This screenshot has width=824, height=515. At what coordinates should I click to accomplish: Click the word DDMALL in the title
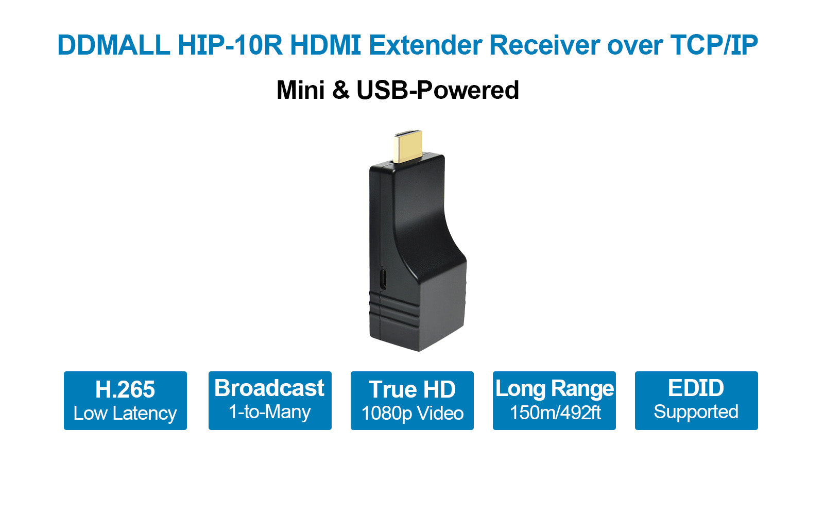point(114,45)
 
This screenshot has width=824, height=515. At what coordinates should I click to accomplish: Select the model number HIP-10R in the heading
point(230,45)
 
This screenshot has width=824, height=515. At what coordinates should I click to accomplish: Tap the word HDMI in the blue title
point(325,45)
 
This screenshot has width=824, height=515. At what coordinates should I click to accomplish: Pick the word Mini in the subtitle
point(301,90)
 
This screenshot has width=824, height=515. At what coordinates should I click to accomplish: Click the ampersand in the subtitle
point(340,90)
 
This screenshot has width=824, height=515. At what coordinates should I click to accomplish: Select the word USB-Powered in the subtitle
point(438,90)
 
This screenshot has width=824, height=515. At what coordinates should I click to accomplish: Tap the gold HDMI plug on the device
point(407,146)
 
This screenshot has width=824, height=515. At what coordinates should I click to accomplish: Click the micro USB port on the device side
point(383,279)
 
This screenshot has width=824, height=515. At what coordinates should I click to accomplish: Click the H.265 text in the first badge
point(125,389)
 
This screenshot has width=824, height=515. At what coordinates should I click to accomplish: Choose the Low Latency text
point(125,413)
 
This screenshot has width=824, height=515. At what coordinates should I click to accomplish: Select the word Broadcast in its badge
point(269,388)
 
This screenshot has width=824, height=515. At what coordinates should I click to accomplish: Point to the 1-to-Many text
point(270,411)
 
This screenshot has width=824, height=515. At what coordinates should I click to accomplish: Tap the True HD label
point(412,389)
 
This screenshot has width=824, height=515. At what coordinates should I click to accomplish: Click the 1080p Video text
point(413,413)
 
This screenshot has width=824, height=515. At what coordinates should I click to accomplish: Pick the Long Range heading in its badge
point(554,389)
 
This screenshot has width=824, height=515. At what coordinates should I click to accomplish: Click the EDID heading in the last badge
point(696,388)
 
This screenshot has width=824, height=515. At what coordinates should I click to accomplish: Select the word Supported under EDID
point(696,411)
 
